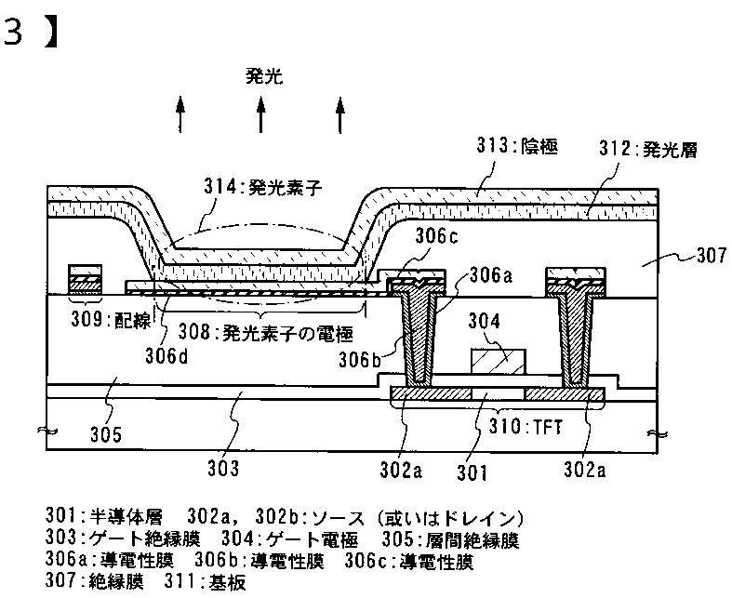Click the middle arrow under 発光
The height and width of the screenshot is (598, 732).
point(261,115)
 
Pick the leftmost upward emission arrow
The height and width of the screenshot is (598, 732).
point(181,115)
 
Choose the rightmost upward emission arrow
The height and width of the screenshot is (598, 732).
point(340,115)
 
